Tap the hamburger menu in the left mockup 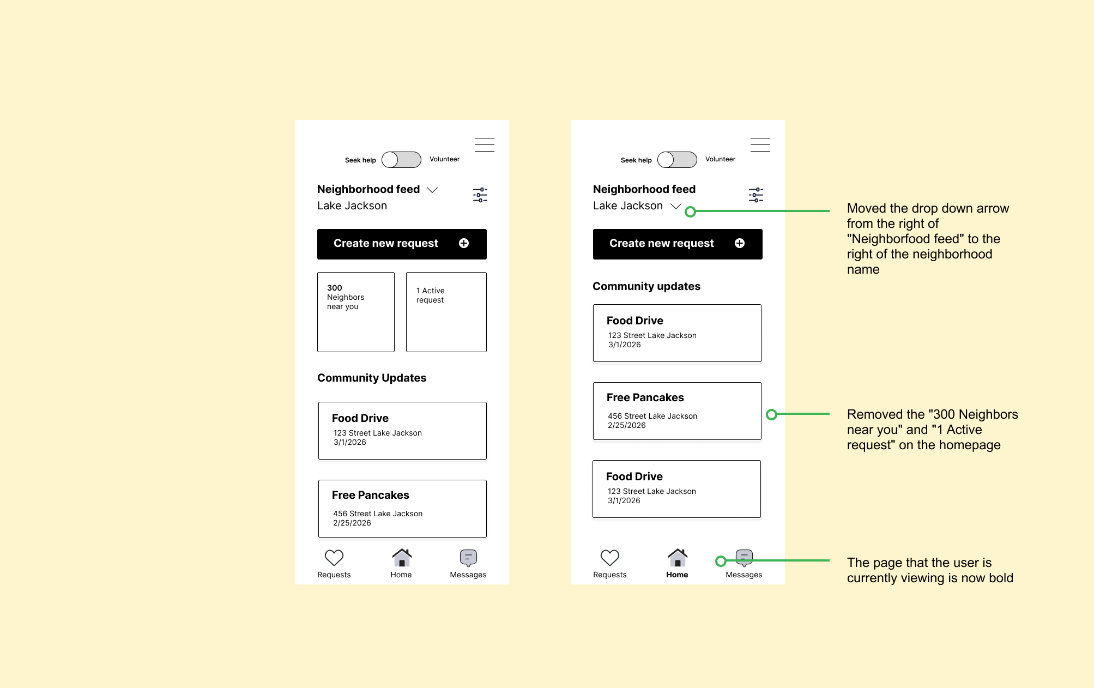tap(484, 144)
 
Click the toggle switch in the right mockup tap(677, 160)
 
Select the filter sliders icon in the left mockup tap(480, 195)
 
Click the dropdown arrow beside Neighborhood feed tap(432, 190)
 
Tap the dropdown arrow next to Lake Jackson tap(676, 206)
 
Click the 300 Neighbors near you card tap(356, 312)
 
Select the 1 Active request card tap(446, 312)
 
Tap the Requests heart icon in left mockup tap(334, 558)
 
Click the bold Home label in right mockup tap(677, 575)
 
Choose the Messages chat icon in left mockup tap(468, 558)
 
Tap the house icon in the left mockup tap(402, 557)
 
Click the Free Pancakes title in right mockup tap(645, 397)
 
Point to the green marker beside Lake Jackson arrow tap(690, 212)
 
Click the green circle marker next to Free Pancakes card tap(771, 414)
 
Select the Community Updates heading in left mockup tap(372, 378)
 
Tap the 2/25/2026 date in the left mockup tap(352, 523)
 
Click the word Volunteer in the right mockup tap(720, 159)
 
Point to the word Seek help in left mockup tap(360, 160)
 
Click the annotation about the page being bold tap(930, 570)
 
